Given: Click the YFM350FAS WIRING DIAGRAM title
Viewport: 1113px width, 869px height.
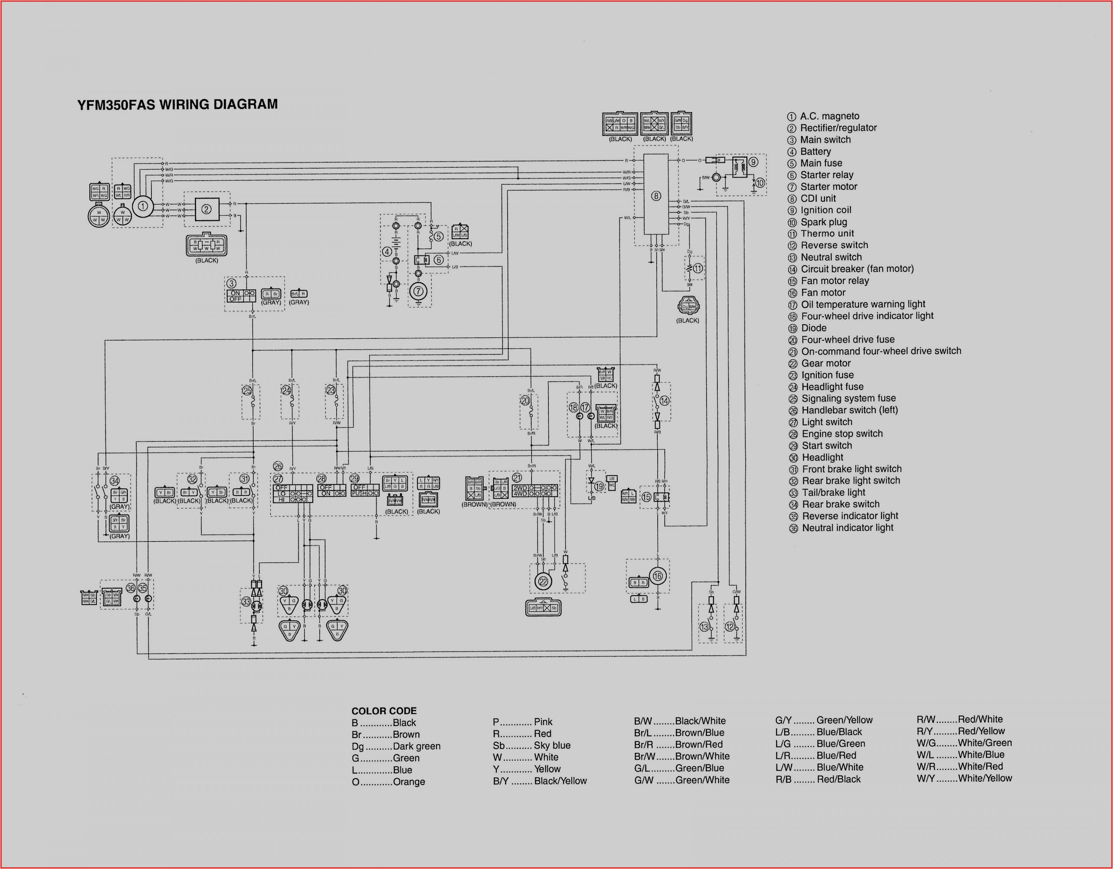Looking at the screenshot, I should (177, 104).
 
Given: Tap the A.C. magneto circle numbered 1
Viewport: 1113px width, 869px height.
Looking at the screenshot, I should (143, 206).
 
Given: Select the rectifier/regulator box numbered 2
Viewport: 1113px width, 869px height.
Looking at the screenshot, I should (206, 209).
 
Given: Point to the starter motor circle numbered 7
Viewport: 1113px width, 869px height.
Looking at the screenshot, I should (418, 292).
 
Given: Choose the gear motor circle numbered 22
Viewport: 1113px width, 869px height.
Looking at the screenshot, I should (543, 582).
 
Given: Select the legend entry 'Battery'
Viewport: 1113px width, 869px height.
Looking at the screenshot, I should (815, 151).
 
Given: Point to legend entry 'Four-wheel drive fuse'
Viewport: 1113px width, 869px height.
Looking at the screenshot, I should (847, 339).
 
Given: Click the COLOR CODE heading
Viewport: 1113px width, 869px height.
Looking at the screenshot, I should (384, 711).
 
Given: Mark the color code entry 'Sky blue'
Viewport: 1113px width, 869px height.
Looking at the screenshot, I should (552, 745).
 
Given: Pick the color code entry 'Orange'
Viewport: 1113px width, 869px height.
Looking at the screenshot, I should (409, 782).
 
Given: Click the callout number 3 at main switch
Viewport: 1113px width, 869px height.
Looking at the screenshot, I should (232, 283).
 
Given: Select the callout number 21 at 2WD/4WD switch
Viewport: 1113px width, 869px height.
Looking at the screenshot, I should (517, 478).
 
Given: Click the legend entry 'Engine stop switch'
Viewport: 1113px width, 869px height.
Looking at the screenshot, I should (842, 434).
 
